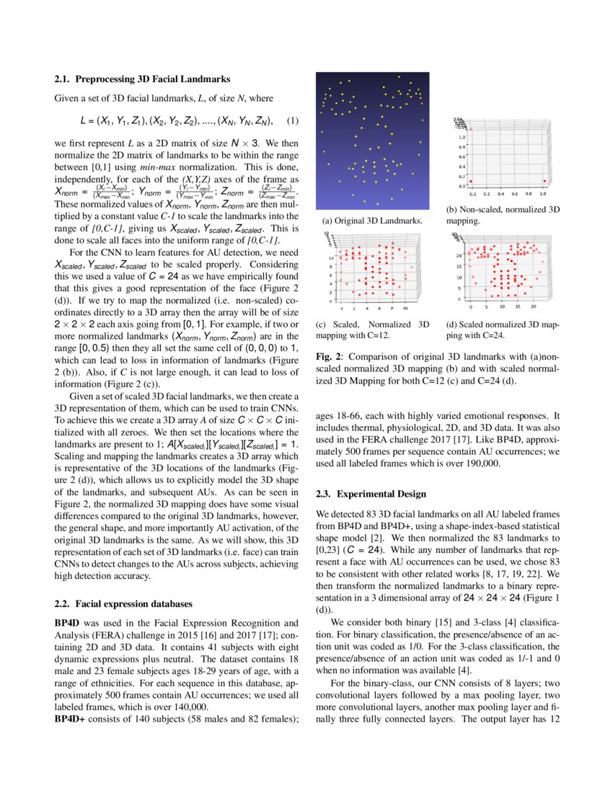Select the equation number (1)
(x=292, y=119)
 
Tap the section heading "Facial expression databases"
(x=136, y=602)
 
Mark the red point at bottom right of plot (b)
(x=544, y=181)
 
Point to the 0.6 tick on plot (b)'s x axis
(x=515, y=194)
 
